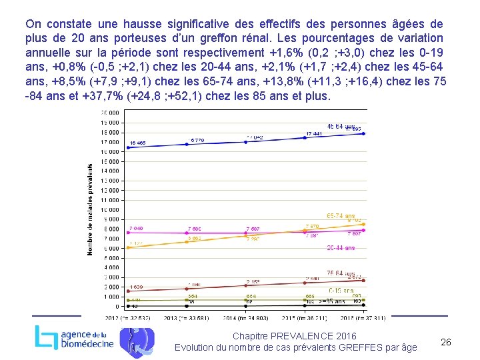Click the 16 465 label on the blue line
coord(138,143)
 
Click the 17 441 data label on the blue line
coord(313,134)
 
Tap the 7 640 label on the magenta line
coord(135,229)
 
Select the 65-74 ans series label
coord(341,215)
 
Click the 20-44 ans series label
coord(341,248)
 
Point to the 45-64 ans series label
coord(341,126)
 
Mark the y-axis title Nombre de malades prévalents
coord(91,209)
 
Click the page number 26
coord(446,342)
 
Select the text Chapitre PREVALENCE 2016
coord(294,335)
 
